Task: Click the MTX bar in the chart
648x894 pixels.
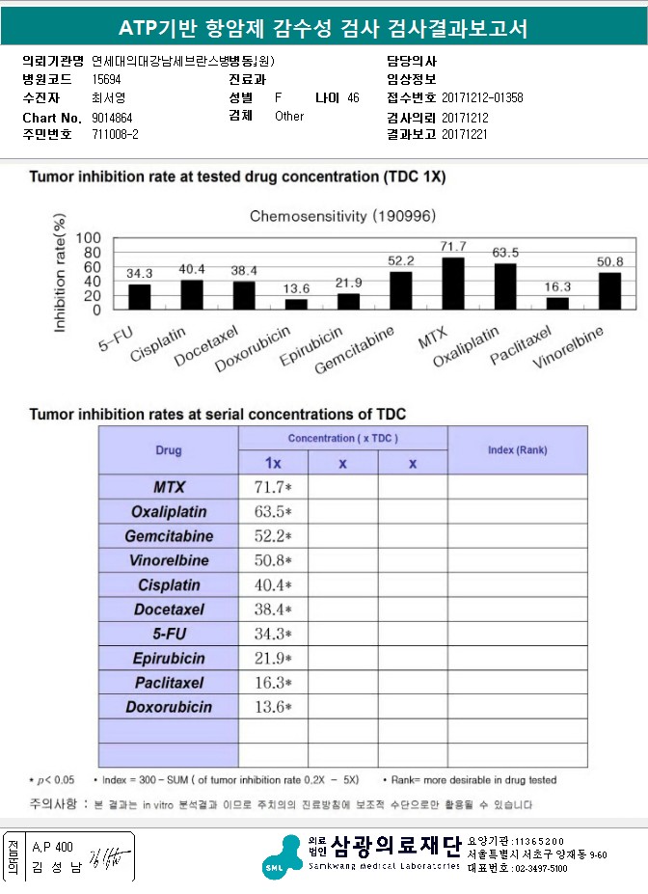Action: [x=452, y=284]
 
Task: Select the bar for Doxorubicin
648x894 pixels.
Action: [x=296, y=304]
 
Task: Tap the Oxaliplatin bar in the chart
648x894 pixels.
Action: [x=505, y=286]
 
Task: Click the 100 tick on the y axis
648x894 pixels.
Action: [x=88, y=238]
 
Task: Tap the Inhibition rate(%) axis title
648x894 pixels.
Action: [x=61, y=277]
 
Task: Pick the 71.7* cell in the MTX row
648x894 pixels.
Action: [x=273, y=487]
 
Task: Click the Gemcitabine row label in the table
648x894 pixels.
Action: [x=169, y=536]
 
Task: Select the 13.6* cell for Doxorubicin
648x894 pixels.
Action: [x=273, y=707]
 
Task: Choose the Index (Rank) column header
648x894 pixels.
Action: [x=517, y=450]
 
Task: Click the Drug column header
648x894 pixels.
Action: [x=169, y=450]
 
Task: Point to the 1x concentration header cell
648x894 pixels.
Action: [x=273, y=463]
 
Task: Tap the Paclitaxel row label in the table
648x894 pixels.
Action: [x=169, y=683]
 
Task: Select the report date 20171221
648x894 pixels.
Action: [x=465, y=134]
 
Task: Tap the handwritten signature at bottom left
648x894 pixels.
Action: [x=100, y=856]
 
